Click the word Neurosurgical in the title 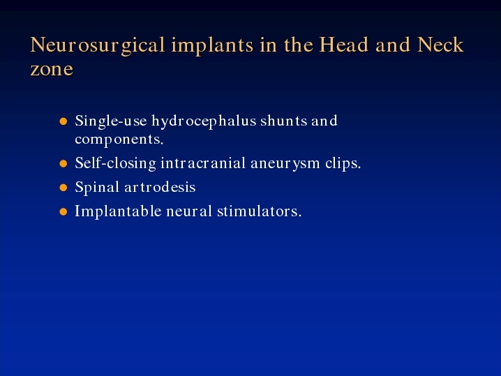(98, 45)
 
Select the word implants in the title (212, 45)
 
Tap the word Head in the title (344, 45)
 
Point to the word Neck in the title (440, 45)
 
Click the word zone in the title (52, 69)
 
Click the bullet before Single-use (63, 121)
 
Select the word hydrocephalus (204, 121)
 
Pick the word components (119, 140)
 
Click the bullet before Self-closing (63, 163)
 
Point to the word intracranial (203, 163)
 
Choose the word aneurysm (285, 164)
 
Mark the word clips (343, 163)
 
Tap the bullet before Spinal (63, 188)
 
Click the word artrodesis (160, 187)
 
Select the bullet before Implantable (63, 211)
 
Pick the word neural (189, 211)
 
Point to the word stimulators (259, 211)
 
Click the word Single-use (111, 121)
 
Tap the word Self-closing (115, 163)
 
